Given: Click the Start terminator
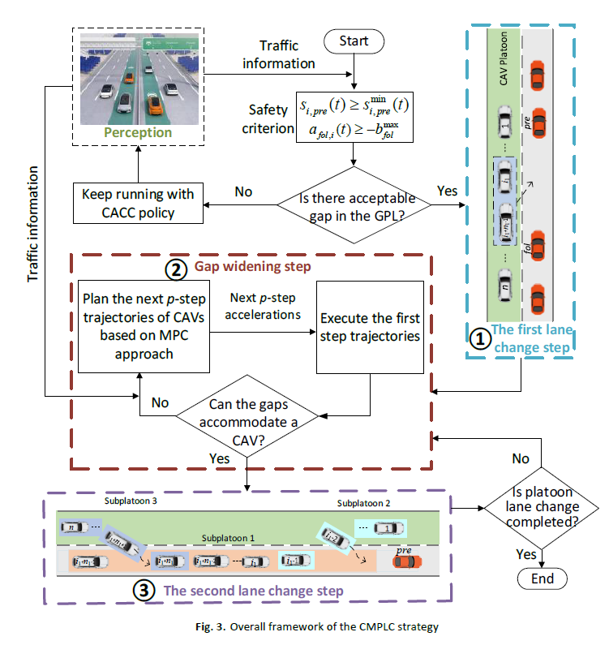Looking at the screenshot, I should point(354,40).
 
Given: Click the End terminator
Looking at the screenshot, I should point(542,578).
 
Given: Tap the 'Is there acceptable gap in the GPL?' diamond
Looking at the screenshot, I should point(354,205).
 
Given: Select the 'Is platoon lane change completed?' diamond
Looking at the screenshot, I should point(542,509).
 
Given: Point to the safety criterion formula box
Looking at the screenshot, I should point(354,118).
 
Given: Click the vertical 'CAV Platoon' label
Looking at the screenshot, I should point(503,68).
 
